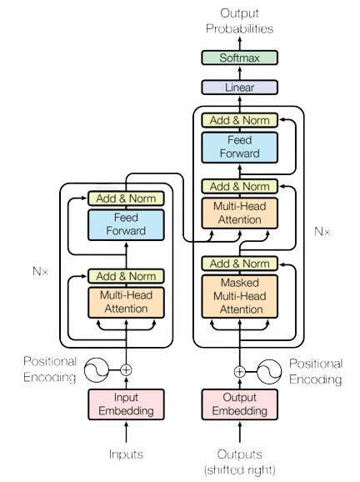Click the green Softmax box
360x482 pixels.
point(240,58)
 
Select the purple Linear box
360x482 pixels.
point(240,87)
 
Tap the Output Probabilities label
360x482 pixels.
point(240,21)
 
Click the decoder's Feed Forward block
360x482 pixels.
point(240,147)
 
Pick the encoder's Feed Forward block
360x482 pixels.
point(127,224)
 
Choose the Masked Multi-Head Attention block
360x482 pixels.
point(240,297)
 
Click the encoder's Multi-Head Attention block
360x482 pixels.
point(127,302)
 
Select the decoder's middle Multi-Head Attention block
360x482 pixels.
point(240,213)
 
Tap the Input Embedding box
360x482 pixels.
point(127,404)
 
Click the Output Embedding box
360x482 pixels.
point(240,404)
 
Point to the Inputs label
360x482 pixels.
point(127,454)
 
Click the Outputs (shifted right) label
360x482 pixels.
point(240,461)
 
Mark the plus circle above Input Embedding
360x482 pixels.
point(127,369)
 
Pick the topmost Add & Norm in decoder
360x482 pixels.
point(240,120)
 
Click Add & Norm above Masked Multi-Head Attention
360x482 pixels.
point(240,264)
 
